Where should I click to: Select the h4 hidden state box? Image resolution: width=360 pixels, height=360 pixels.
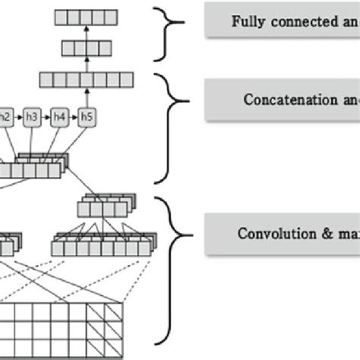[61, 117]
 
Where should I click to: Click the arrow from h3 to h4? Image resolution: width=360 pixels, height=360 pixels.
[47, 117]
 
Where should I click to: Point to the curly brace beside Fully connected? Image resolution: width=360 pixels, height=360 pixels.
[169, 34]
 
